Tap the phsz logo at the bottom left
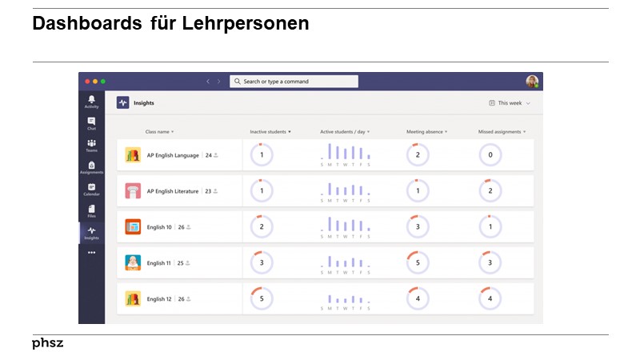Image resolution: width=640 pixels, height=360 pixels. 47,343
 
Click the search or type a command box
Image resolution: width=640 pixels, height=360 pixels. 294,82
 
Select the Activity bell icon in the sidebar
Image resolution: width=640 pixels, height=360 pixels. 91,101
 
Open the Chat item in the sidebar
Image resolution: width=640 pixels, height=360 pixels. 91,123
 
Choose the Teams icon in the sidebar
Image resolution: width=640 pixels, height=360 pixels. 91,145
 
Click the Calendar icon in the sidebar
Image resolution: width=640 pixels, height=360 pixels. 91,189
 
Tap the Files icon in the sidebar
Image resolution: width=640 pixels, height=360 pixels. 91,210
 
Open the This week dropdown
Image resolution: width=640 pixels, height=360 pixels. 510,103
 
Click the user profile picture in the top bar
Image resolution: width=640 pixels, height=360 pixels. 532,82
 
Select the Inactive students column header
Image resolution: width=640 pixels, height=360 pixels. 270,131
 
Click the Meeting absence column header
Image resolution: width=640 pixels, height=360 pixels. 426,131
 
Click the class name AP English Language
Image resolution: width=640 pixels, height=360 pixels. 173,155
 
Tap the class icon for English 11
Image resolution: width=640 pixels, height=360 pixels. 133,262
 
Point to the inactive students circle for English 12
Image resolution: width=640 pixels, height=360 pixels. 262,298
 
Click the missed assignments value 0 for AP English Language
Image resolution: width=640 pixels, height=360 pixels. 490,155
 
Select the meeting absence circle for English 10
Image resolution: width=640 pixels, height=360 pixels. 418,227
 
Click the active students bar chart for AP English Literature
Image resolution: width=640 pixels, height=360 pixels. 345,190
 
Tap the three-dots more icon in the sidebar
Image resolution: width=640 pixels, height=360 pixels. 91,253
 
